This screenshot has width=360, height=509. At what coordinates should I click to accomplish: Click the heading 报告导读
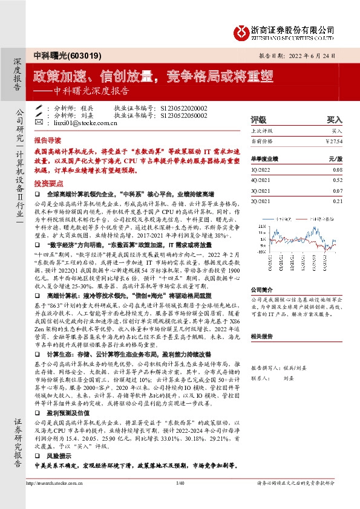tap(47, 138)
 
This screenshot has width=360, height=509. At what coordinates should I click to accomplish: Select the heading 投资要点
tap(47, 182)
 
